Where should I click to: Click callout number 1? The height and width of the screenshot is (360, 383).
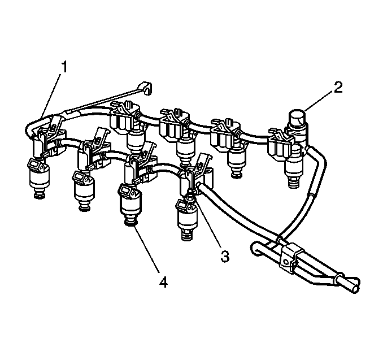coord(64,67)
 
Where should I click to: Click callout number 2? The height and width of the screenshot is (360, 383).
coord(338,88)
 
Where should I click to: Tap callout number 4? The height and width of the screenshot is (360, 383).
coord(163,282)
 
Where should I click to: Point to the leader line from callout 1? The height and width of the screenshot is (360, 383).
coord(51,95)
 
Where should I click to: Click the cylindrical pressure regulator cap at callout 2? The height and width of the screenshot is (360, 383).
coord(297,119)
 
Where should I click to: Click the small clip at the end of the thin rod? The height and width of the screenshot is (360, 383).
coord(145,88)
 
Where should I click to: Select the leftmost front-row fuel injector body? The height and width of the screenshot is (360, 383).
coord(39,175)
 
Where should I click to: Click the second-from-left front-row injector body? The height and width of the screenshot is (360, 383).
coord(83,189)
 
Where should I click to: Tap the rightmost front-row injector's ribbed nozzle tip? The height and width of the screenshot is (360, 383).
coord(187,235)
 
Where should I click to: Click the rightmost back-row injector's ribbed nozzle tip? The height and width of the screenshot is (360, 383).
coord(294,183)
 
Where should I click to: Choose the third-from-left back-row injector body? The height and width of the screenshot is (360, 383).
coord(236,159)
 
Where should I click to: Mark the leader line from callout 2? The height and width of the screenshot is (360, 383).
coord(319,102)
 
